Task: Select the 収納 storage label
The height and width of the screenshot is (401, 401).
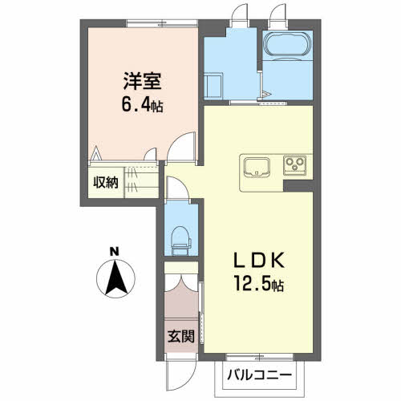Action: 106,181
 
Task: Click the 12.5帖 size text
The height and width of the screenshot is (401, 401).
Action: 258,284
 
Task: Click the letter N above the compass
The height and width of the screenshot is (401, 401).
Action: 115,250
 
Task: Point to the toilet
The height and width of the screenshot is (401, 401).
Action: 181,238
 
